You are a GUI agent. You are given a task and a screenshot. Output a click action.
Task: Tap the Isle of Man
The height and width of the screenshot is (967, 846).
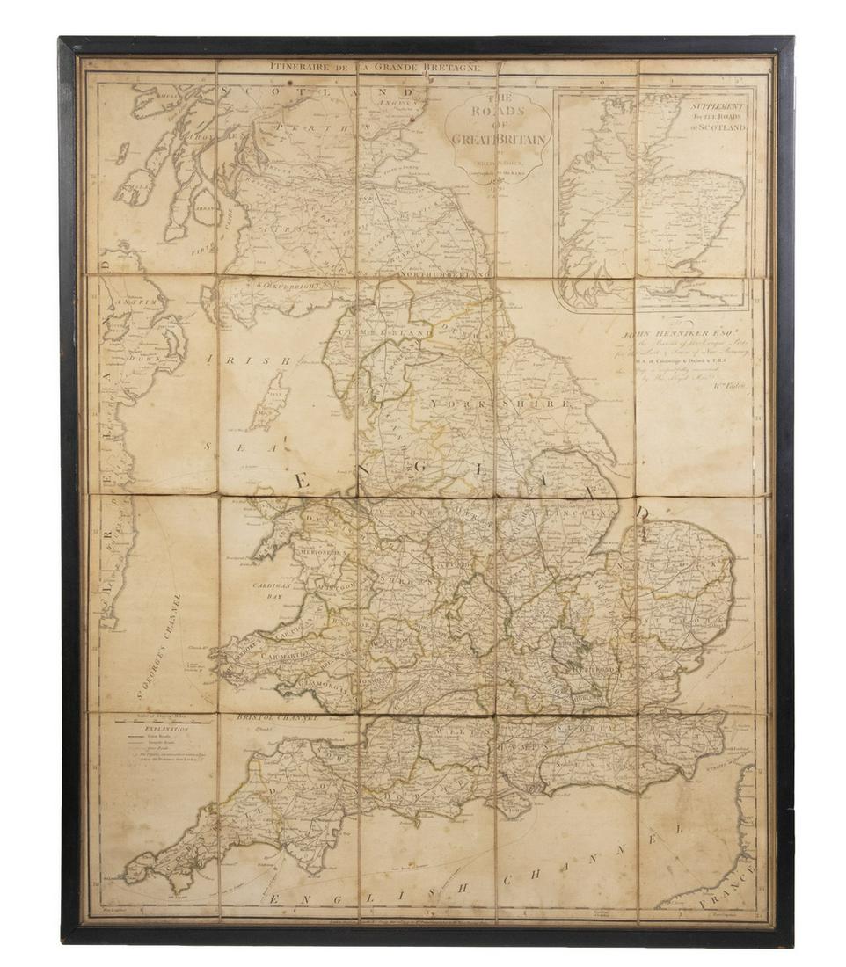[x=270, y=400]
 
